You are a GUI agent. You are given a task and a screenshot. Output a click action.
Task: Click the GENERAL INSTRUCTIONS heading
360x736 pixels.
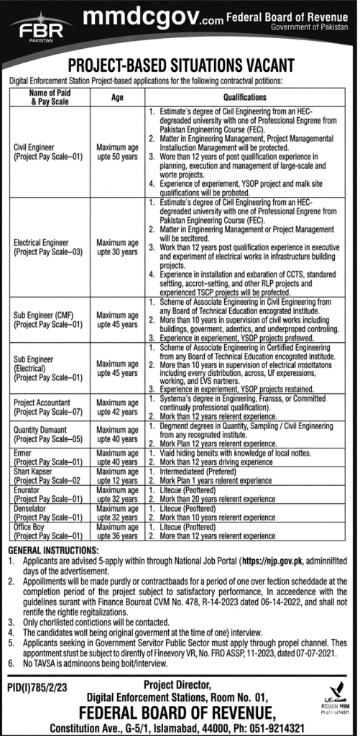click(x=49, y=549)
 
